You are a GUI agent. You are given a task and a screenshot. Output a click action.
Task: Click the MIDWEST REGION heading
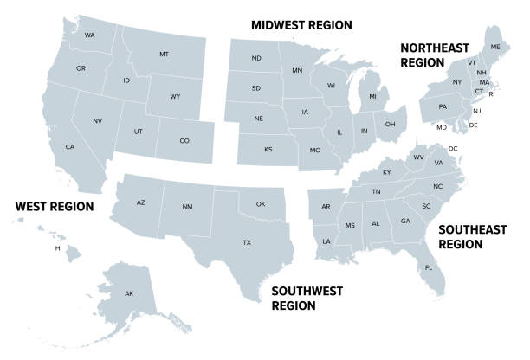301,25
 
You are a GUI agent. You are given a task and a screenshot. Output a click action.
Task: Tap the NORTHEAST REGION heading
434,55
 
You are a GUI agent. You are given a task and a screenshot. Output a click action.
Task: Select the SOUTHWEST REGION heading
307,298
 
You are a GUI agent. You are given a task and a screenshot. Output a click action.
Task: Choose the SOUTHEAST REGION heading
471,236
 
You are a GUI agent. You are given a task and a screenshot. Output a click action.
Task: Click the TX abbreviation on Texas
247,242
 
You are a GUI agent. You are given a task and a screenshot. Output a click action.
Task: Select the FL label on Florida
428,267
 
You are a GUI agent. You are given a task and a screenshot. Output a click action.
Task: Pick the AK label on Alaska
129,294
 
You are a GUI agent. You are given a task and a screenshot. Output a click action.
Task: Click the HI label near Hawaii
59,247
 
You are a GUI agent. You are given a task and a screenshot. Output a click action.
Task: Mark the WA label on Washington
90,35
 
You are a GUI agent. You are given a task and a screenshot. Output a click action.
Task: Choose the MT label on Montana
164,54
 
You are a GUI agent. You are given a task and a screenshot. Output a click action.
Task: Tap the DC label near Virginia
453,149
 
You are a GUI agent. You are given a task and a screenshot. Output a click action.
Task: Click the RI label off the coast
493,93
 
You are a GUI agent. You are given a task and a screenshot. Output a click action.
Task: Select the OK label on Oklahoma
260,204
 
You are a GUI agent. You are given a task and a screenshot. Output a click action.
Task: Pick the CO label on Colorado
184,140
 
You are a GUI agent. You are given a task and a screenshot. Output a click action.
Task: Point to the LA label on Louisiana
326,241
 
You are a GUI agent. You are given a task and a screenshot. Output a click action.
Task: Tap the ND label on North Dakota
256,59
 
